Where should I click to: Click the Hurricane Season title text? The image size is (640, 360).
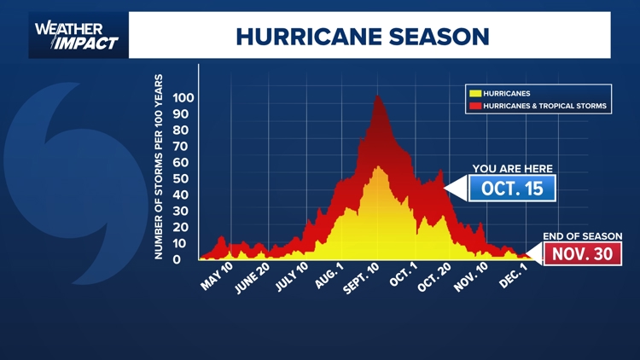click(363, 37)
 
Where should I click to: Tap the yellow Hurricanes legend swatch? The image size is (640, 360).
click(474, 93)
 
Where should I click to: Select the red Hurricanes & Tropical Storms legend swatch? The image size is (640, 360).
click(474, 107)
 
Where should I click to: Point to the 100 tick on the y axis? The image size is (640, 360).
click(183, 98)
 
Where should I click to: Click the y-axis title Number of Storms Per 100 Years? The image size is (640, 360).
click(159, 167)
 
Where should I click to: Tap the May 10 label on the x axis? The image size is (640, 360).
click(217, 276)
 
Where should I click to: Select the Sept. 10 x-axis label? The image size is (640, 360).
click(362, 279)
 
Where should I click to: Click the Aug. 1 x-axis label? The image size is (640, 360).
click(329, 276)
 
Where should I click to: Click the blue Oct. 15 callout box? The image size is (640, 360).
click(512, 189)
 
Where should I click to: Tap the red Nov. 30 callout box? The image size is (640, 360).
click(583, 254)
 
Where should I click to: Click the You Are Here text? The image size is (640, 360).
click(512, 168)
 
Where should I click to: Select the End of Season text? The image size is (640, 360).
click(583, 236)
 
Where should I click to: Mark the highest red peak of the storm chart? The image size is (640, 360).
click(376, 97)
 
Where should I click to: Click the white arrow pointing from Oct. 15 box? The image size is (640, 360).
click(454, 188)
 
